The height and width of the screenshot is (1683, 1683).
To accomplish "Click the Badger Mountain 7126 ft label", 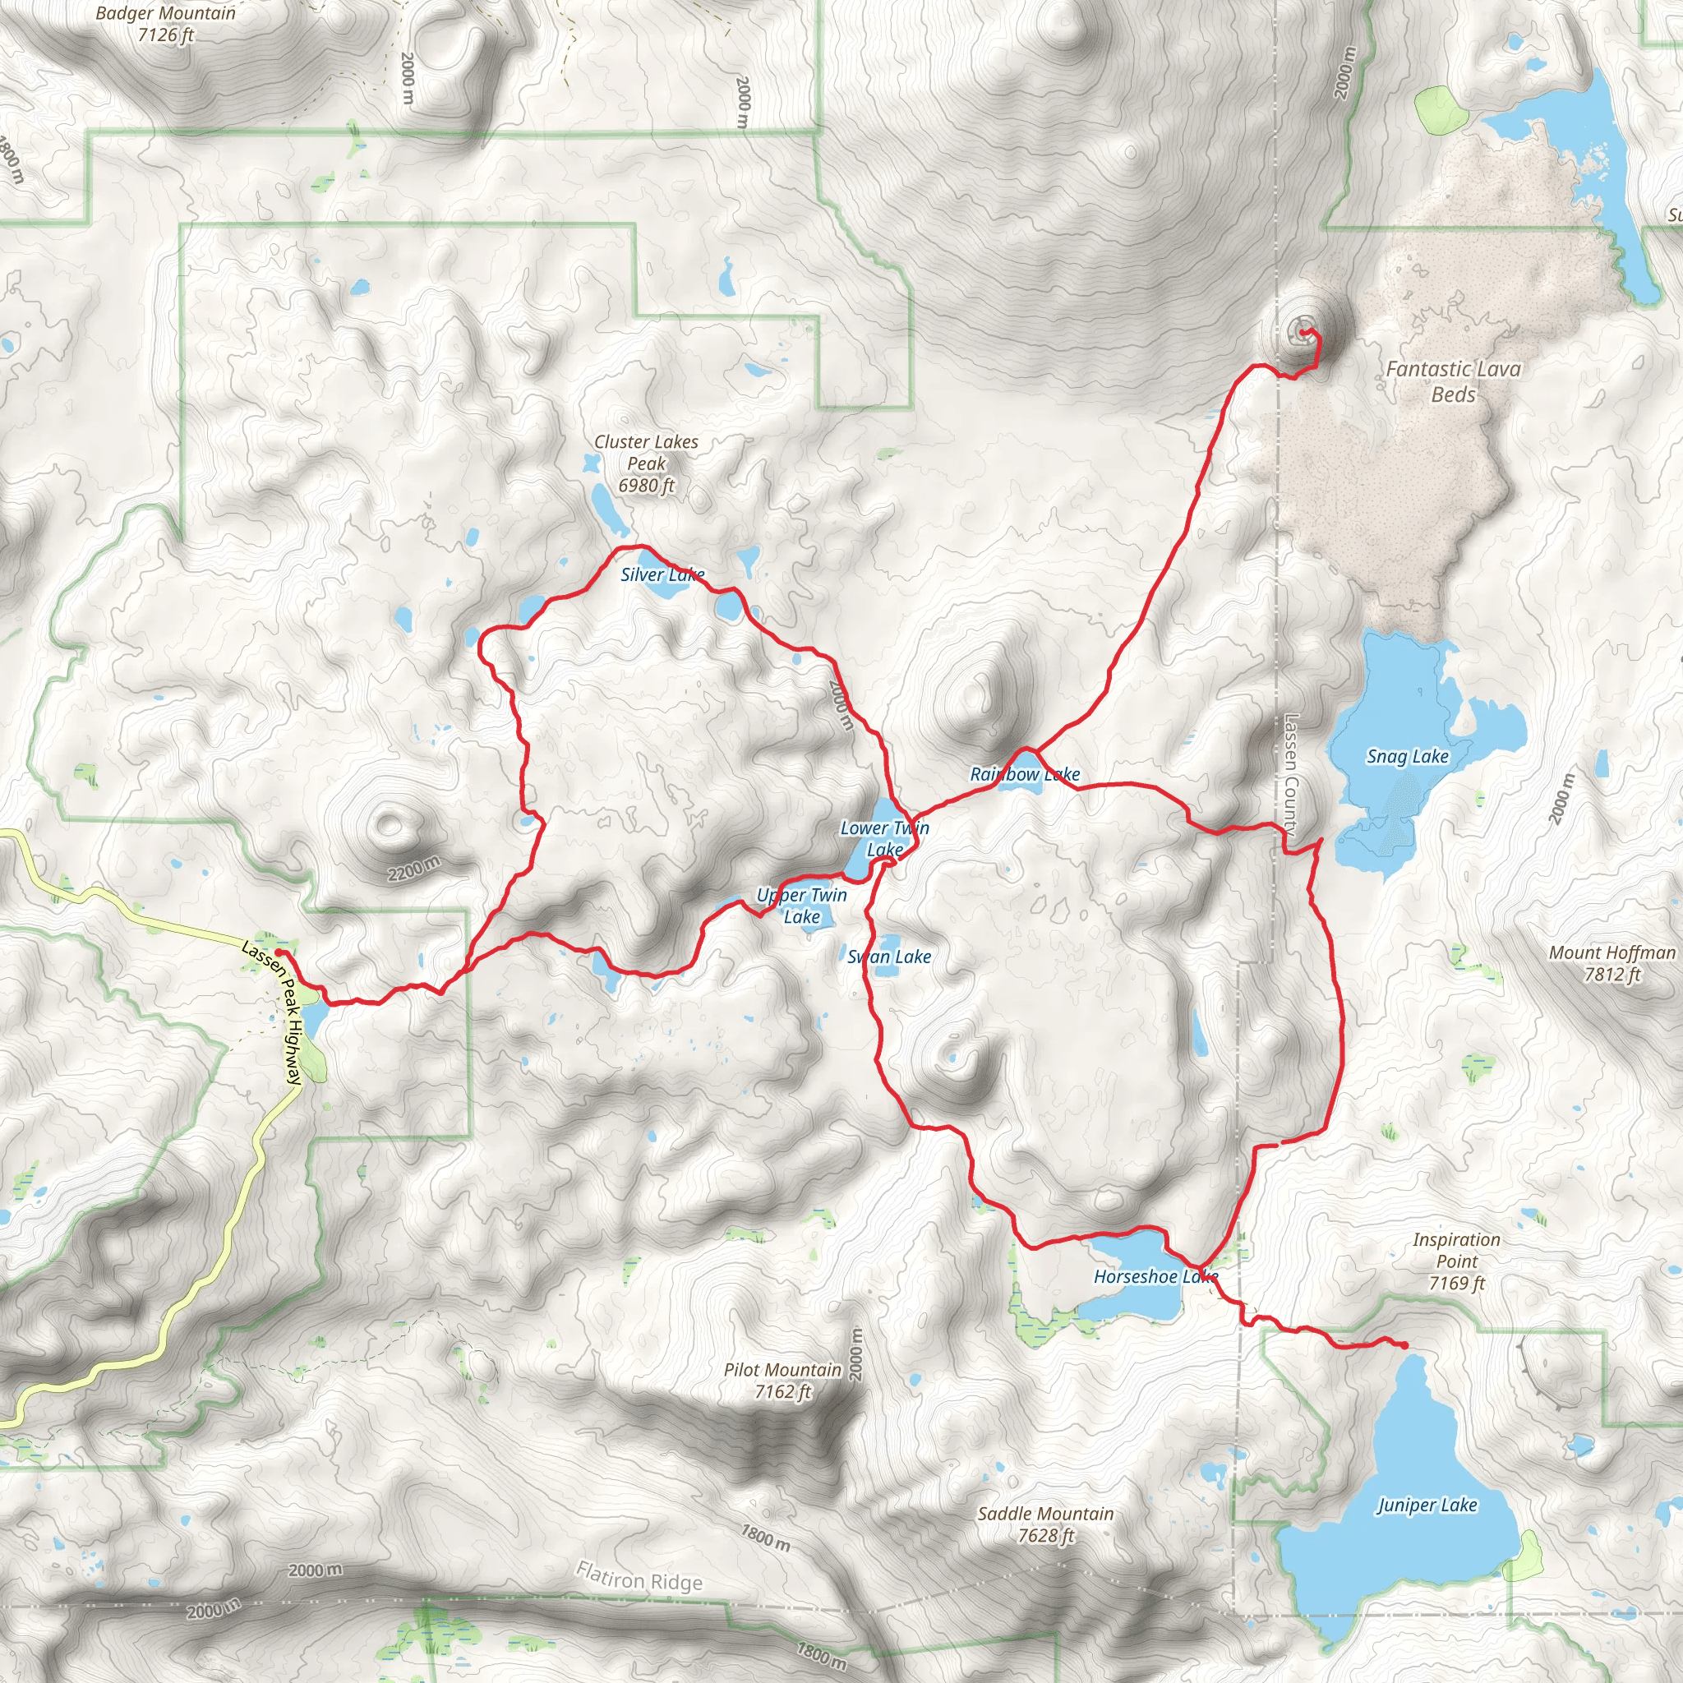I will click(164, 24).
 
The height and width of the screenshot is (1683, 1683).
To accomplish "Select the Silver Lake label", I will click(662, 575).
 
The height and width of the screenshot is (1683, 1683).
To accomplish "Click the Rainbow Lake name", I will click(1025, 774).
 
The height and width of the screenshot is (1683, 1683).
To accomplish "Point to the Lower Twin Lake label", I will click(884, 839).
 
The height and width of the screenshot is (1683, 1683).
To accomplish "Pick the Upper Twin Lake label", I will click(801, 906).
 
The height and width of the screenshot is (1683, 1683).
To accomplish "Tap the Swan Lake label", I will click(889, 957).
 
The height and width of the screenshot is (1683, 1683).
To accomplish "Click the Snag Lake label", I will click(1407, 757).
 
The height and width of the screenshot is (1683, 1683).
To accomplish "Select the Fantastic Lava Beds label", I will click(1453, 381).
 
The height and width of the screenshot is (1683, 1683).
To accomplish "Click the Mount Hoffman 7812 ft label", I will click(1612, 963).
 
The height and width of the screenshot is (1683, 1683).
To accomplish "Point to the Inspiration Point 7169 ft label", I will click(1456, 1261).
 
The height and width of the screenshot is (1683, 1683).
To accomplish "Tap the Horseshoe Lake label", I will click(1155, 1277).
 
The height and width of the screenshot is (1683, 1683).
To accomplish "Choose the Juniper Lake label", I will click(1427, 1505).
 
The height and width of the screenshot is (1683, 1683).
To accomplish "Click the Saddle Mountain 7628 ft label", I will click(1045, 1524).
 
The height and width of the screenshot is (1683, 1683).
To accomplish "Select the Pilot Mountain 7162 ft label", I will click(782, 1381).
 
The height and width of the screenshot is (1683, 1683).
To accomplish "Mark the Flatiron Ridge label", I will click(639, 1578).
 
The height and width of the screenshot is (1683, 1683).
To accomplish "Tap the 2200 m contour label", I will click(414, 869).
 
